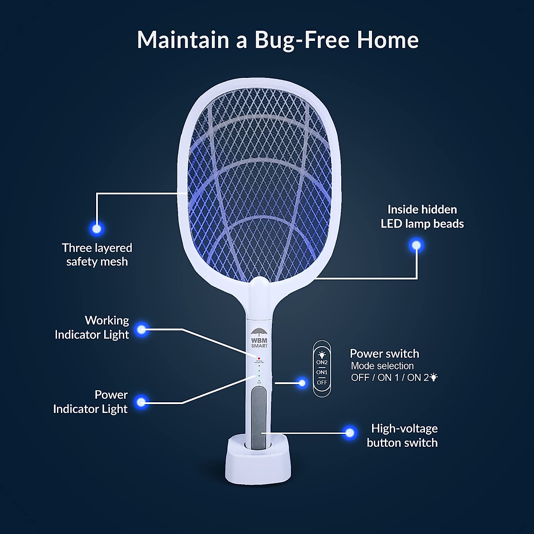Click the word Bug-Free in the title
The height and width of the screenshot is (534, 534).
[x=302, y=40]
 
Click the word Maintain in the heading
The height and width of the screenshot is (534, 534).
[x=183, y=40]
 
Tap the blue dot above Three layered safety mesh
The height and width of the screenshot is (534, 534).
[x=97, y=229]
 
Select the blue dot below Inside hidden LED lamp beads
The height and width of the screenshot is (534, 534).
[x=417, y=245]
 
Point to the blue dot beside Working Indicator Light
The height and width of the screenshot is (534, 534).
[x=142, y=330]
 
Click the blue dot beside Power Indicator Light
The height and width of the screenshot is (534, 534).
[x=142, y=402]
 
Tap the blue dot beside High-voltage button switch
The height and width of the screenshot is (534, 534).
[x=350, y=433]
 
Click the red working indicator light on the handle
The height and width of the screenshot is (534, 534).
[x=258, y=358]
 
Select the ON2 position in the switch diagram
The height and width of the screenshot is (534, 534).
[x=322, y=362]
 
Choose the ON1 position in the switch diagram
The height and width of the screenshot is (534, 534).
[x=322, y=372]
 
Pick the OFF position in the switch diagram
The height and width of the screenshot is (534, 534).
[x=322, y=382]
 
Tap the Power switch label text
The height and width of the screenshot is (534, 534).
[x=384, y=354]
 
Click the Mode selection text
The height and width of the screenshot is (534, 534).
[x=382, y=366]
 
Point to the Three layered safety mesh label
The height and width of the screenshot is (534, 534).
[x=97, y=255]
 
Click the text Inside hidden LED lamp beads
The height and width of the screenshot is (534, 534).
[x=422, y=217]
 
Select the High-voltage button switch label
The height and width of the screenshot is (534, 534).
[x=402, y=436]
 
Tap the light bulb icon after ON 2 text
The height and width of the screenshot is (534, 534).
[x=434, y=377]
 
